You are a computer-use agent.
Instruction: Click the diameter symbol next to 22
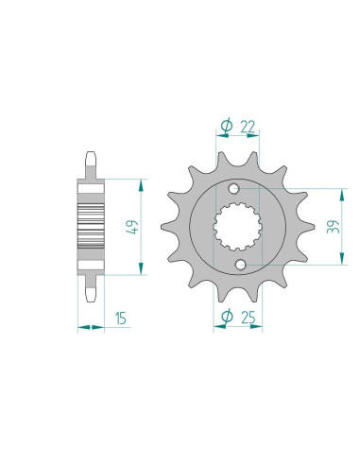[226, 126]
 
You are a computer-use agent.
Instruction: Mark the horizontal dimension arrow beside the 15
[90, 326]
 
